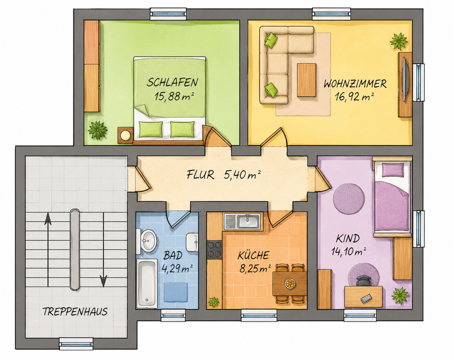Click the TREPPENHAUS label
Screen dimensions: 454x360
coord(75,312)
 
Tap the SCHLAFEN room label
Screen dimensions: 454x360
coord(172,82)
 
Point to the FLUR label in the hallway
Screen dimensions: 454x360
coord(200,175)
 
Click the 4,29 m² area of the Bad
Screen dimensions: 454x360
coord(177,269)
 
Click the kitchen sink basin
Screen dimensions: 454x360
coord(248,221)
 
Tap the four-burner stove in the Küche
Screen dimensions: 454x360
coord(215,250)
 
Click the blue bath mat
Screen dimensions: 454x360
coord(176,292)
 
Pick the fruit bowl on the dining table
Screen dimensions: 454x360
coord(290,283)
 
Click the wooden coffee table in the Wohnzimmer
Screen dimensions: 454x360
coord(306,80)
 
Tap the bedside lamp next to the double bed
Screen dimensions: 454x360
coord(126,135)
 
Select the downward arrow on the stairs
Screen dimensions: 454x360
coord(103,250)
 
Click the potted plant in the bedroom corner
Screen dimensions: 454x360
coord(98,131)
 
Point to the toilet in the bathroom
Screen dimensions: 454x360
coord(192,242)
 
